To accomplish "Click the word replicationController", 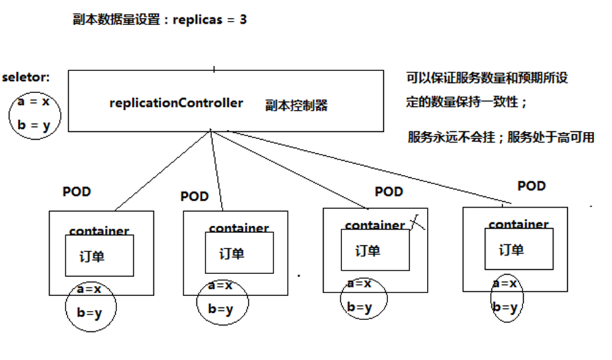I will click(176, 103).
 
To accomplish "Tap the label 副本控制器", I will click(297, 105).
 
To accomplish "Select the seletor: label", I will click(26, 77).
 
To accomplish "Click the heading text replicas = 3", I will click(210, 19).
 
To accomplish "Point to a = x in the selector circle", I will click(33, 102).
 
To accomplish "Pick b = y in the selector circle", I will click(33, 126).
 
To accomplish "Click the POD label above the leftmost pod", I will click(77, 192).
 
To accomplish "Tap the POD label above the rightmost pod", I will click(531, 186).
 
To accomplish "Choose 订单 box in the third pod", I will click(375, 251).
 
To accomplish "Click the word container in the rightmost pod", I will click(518, 224).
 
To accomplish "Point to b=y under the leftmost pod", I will click(90, 313).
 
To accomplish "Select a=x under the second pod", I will click(220, 285).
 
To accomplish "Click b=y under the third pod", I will click(359, 307).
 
